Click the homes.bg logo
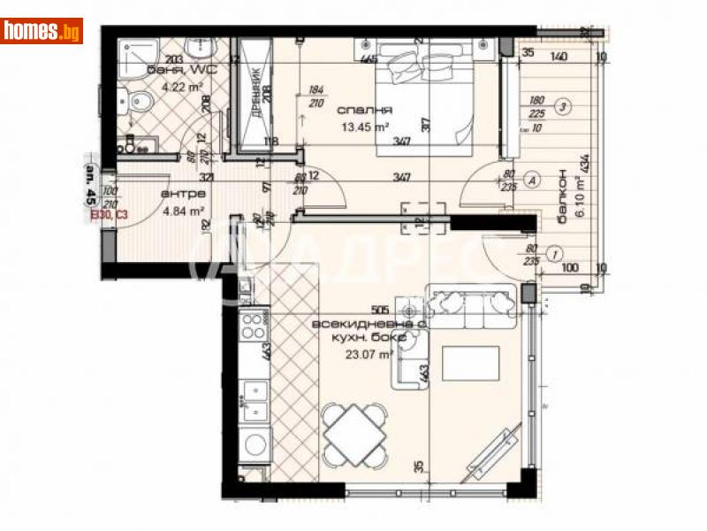42,31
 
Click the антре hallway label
184,193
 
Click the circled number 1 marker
554,253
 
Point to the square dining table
353,432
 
